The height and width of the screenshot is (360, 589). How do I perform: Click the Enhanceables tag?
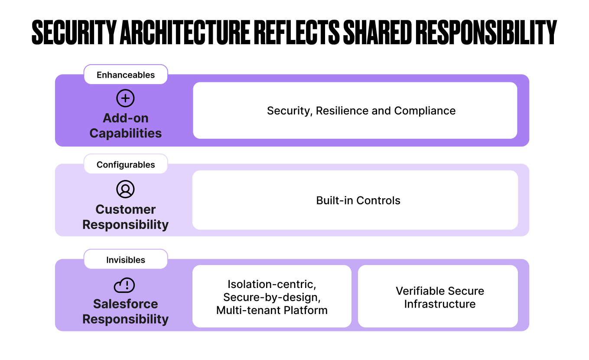pos(125,75)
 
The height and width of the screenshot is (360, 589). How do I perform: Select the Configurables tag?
pos(125,164)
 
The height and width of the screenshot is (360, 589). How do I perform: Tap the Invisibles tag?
pos(125,260)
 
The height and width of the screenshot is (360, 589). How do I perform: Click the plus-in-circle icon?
pos(125,98)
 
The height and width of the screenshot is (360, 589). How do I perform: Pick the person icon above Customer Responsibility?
pos(125,190)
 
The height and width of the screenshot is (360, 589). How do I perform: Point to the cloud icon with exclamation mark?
pos(124,285)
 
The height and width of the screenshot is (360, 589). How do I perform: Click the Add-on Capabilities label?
pos(125,125)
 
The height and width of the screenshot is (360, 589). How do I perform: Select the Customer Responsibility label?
pos(125,217)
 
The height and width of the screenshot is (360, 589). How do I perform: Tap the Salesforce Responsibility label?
pos(125,311)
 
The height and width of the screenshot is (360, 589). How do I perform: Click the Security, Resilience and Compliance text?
pos(361,111)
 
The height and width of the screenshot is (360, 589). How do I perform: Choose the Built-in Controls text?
pos(358,200)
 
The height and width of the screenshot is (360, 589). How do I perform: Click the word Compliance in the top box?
pos(425,111)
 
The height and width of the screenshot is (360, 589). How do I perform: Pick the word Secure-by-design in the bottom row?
pos(272,297)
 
